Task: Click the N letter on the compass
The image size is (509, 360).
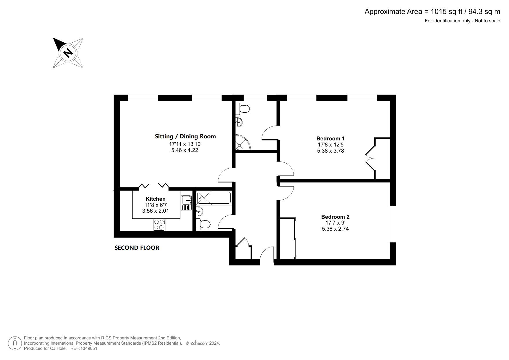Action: (x=68, y=53)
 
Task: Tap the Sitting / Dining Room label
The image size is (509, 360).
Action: (x=185, y=136)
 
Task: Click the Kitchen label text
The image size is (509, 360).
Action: (x=155, y=199)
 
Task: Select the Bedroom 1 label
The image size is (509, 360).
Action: (x=330, y=139)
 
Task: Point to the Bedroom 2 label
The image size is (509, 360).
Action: (x=335, y=217)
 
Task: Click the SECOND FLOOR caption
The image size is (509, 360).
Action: (x=137, y=248)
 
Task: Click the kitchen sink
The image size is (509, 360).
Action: (x=186, y=203)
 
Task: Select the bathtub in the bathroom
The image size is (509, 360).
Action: (x=213, y=198)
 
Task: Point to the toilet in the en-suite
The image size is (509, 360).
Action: (x=243, y=109)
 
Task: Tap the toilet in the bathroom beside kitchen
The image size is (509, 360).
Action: (x=203, y=224)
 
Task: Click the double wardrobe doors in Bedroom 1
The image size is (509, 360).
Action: (x=370, y=159)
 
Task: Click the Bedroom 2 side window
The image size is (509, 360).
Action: (x=393, y=224)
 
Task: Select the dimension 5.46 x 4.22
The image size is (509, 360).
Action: (x=184, y=150)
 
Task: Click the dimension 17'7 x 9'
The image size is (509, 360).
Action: (x=335, y=223)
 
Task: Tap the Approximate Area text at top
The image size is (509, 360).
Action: (x=432, y=12)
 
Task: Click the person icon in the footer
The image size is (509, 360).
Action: (x=14, y=343)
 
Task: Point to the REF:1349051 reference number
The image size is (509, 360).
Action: (x=84, y=348)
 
